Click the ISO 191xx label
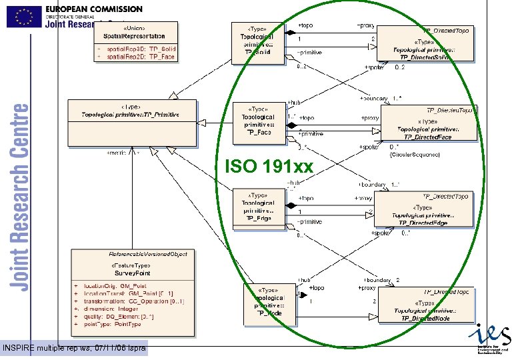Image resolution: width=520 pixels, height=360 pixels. point(269,166)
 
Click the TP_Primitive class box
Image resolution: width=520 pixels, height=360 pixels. point(132,119)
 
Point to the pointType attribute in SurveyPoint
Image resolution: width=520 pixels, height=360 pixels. point(113,324)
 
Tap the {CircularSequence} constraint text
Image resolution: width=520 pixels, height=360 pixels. point(414,155)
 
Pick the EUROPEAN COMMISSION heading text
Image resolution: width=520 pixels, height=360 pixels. point(94,9)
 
